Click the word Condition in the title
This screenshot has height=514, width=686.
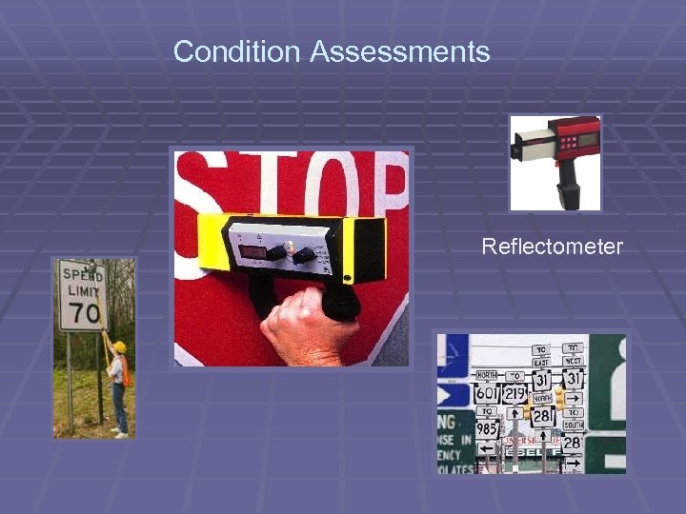(x=238, y=51)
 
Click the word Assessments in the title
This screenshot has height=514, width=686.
(x=400, y=51)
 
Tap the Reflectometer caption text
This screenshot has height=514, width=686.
(x=552, y=247)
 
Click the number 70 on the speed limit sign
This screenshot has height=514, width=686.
(x=84, y=311)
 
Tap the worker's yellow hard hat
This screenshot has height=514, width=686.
(x=119, y=347)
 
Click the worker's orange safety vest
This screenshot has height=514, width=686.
(x=123, y=371)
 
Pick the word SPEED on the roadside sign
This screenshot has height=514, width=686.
(x=82, y=273)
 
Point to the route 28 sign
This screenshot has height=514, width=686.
(x=572, y=444)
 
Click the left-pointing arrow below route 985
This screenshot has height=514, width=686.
(x=487, y=448)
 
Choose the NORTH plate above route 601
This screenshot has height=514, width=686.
(x=487, y=375)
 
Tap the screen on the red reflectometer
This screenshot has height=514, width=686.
(x=587, y=139)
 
